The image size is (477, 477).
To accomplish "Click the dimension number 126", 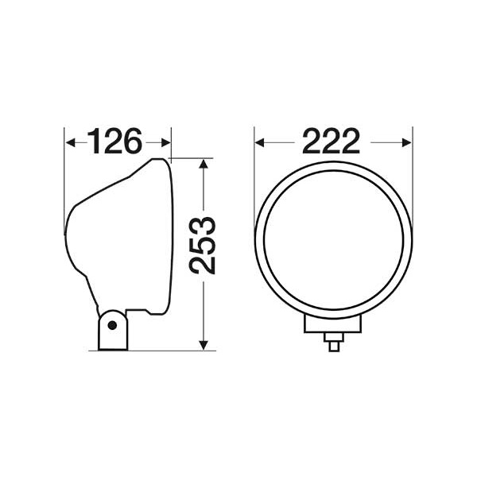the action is coord(114,142).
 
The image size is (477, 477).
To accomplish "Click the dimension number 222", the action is coord(331,142).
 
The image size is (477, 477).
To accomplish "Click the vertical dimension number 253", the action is coord(202,246).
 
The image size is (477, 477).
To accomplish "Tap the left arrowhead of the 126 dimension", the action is coord(70,142).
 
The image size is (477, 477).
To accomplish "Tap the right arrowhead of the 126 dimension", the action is coord(165,142).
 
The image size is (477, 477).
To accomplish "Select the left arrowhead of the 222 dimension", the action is coord(259,142).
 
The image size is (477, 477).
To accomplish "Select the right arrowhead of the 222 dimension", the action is coord(407,142).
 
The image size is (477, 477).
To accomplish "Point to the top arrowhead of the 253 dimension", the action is coord(204,164).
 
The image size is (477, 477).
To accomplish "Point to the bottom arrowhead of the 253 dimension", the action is coord(204,345).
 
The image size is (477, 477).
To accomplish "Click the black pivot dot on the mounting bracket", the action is coord(112,325).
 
